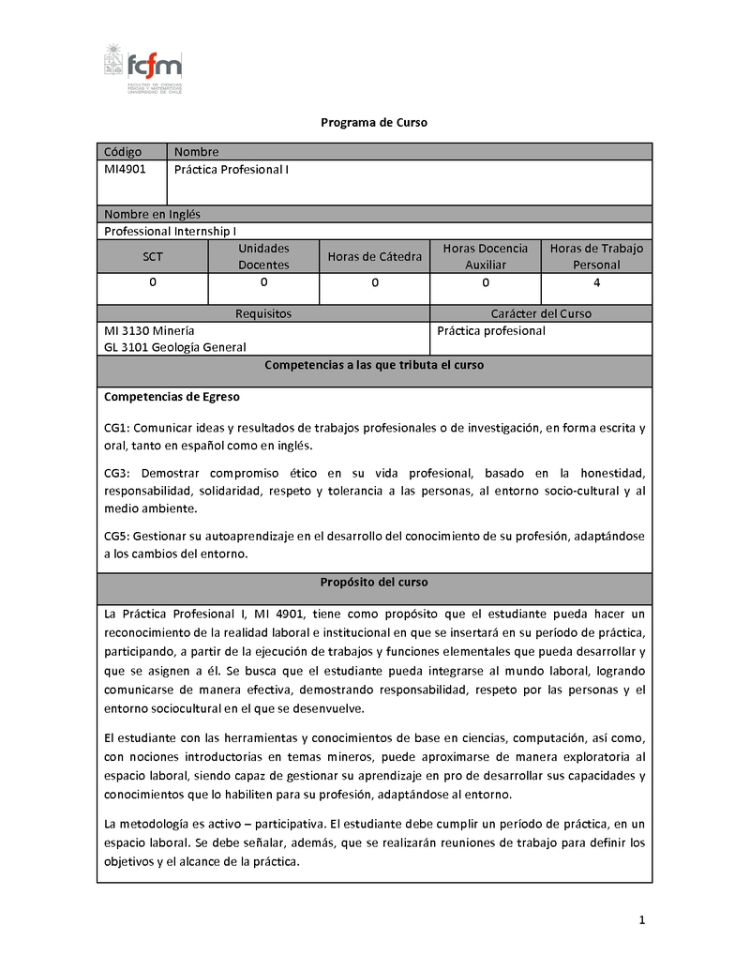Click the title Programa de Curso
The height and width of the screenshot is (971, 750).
point(374,123)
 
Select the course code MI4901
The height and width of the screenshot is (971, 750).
point(125,168)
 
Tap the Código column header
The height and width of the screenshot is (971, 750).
point(123,151)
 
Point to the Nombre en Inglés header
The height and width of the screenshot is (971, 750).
point(152,214)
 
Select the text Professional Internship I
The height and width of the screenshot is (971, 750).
point(170,231)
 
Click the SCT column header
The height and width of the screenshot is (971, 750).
point(152,256)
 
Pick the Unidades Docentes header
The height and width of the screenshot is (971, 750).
point(263,256)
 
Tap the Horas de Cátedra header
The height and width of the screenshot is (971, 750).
point(374,256)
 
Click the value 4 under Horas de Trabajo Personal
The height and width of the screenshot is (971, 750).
point(597,281)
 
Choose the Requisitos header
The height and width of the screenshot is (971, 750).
point(262,313)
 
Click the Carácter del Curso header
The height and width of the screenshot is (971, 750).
point(541,313)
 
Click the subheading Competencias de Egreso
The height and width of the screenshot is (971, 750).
point(172,397)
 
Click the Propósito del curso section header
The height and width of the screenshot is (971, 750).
point(374,582)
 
